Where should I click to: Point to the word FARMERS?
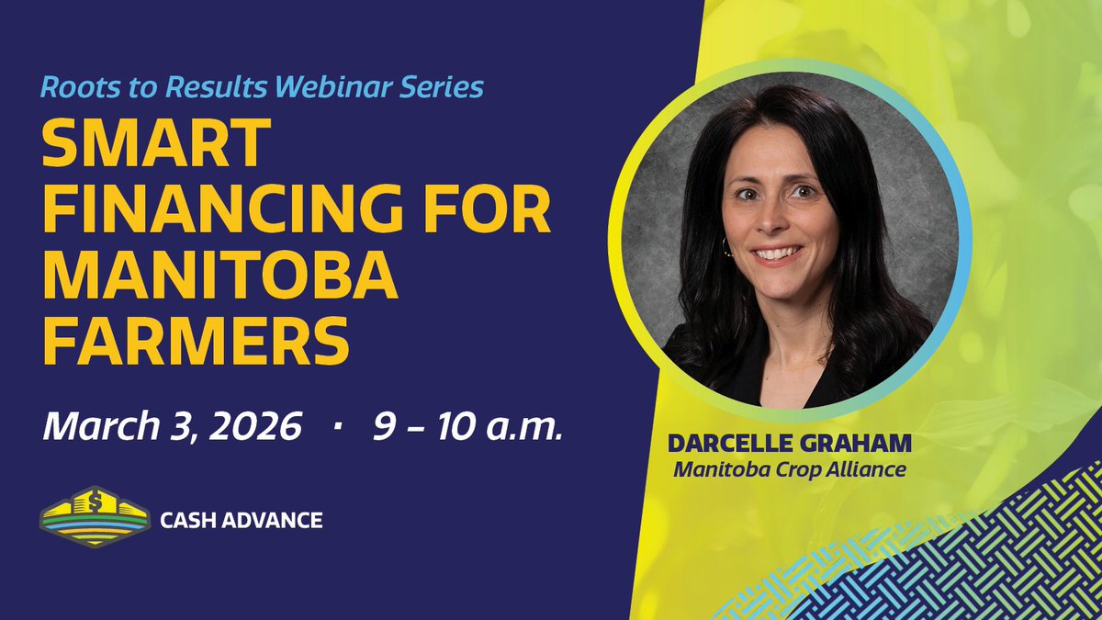[196, 341]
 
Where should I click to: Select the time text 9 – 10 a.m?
[467, 428]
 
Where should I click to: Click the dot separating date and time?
[340, 428]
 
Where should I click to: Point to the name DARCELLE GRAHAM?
[791, 444]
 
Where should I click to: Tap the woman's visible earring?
[727, 248]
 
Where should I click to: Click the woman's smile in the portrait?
[777, 252]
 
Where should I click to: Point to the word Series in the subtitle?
[449, 88]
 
